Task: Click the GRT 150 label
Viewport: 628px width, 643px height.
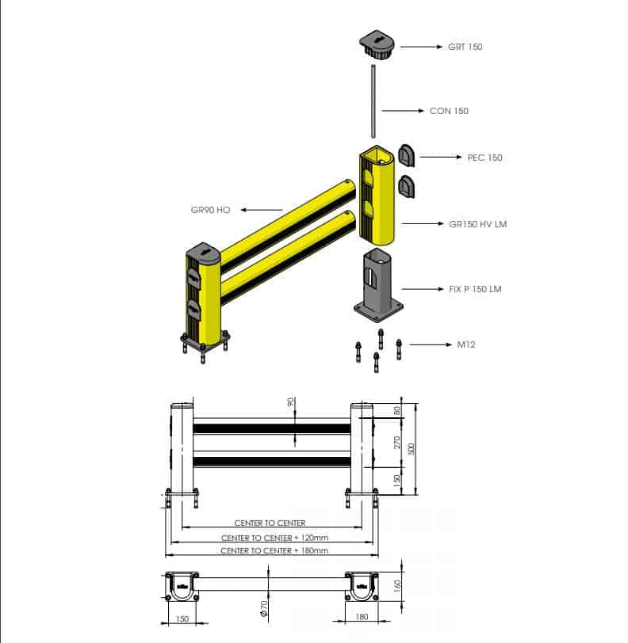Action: pyautogui.click(x=465, y=47)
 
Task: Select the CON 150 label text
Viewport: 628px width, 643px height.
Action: pyautogui.click(x=449, y=111)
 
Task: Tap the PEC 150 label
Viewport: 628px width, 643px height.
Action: pyautogui.click(x=484, y=158)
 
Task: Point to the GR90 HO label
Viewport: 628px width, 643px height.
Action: pyautogui.click(x=210, y=210)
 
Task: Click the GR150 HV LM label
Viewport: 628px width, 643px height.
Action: pyautogui.click(x=477, y=224)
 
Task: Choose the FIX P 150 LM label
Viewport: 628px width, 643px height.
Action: pyautogui.click(x=475, y=289)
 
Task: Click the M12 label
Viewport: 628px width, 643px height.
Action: pyautogui.click(x=466, y=344)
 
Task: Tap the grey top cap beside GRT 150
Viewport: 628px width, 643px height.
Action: pyautogui.click(x=377, y=44)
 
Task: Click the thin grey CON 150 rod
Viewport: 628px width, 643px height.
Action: pyautogui.click(x=373, y=101)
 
